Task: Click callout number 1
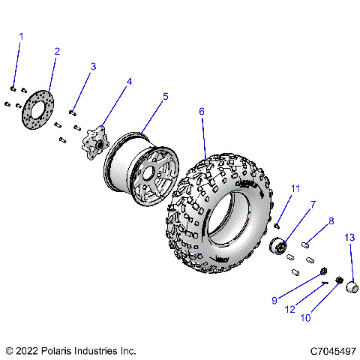tap(21, 36)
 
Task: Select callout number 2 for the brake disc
tap(56, 51)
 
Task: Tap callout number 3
tap(93, 67)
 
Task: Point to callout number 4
tap(129, 82)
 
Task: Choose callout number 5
tap(165, 97)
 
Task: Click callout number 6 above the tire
tap(201, 111)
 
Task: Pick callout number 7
tap(292, 203)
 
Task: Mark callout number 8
tap(330, 221)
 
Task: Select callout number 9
tap(275, 301)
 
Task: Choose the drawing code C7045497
tap(327, 350)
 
